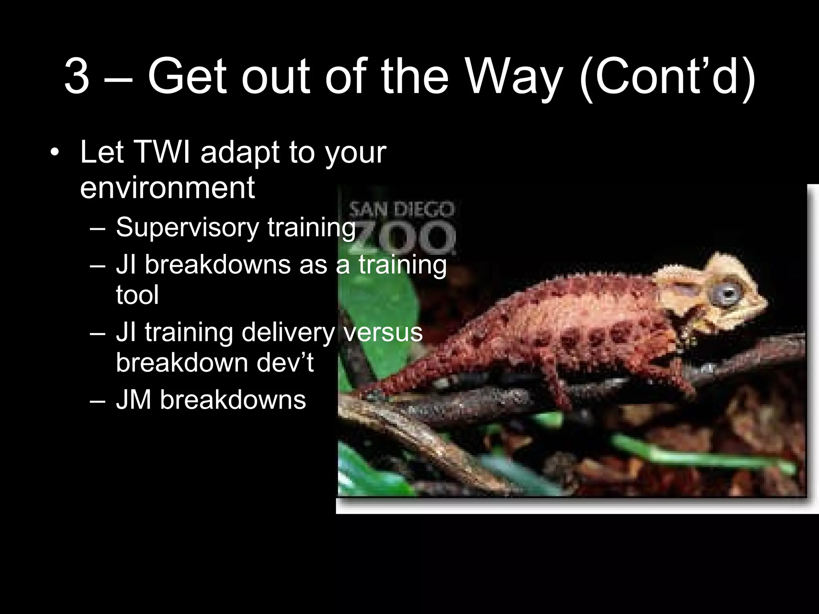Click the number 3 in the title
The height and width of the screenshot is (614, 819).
coord(76,76)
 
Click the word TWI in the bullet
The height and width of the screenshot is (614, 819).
coord(162,153)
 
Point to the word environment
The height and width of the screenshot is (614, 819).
coord(167,187)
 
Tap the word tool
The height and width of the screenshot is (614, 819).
coord(137,295)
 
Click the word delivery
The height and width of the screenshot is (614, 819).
coord(288,332)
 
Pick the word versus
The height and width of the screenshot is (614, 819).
coord(383,332)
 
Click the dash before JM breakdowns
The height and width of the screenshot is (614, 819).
coord(98,400)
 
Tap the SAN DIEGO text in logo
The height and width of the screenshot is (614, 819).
coord(402,209)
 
